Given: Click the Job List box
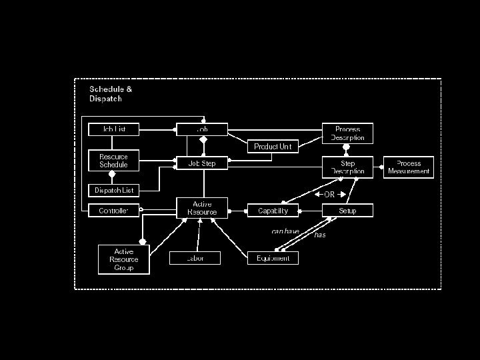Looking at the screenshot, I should pos(114,129).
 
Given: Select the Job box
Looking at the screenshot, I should pos(202,129).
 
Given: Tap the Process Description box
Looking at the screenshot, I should pos(347,133).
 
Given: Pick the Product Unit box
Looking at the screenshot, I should pos(273,147).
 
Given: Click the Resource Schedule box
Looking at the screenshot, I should pos(114,161).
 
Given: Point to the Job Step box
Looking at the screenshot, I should pos(202,163).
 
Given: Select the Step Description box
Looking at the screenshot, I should pos(347,167).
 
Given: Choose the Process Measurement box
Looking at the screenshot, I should pos(409,167).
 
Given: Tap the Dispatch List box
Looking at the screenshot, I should pos(114,190).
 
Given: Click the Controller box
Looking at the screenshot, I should pos(114,211).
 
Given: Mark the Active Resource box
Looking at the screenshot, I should pos(202,208).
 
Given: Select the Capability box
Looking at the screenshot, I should pos(273,211).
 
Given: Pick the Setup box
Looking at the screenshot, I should pos(347,211).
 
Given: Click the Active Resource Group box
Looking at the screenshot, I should pos(123,259).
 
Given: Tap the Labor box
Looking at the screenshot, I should pos(195,258).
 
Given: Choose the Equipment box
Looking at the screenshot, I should pos(273,258).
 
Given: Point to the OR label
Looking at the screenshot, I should pos(329,195).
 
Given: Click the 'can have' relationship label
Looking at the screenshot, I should pos(285,231).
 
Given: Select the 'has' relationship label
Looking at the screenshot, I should pos(320,235).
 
